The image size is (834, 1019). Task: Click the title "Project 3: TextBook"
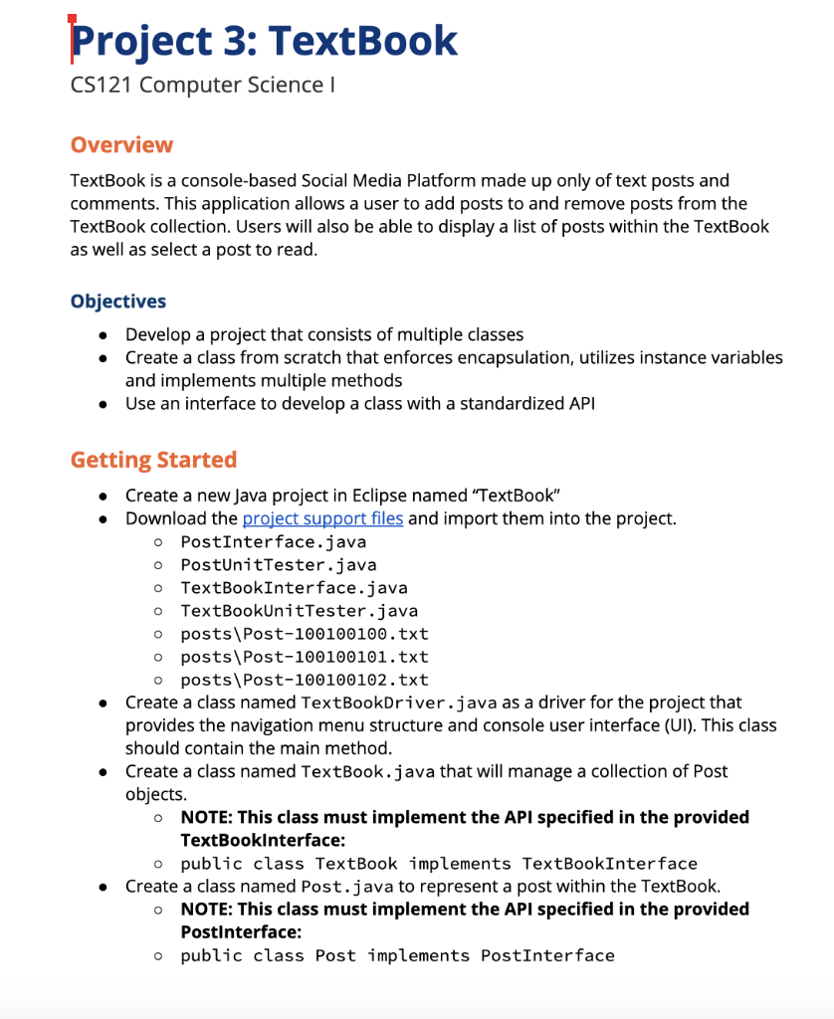(265, 41)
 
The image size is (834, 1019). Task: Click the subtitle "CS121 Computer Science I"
(202, 86)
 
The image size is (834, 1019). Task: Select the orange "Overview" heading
(121, 144)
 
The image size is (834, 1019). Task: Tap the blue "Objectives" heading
(118, 302)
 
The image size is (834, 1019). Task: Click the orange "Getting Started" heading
(153, 460)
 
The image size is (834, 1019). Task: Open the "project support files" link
(322, 518)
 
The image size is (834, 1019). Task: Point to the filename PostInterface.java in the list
(273, 542)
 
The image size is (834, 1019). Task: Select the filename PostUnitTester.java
(278, 565)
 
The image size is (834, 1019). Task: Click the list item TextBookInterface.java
(294, 588)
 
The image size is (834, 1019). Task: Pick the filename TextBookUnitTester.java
(299, 611)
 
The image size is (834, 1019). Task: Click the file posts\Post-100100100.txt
(304, 634)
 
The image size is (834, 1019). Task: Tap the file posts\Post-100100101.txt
(304, 657)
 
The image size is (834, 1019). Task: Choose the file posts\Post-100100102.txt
(304, 680)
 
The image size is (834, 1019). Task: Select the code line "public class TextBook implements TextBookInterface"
(438, 864)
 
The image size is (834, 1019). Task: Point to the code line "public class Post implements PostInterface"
(397, 955)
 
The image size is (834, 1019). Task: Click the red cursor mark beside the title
(71, 38)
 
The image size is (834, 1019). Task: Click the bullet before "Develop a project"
(104, 335)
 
